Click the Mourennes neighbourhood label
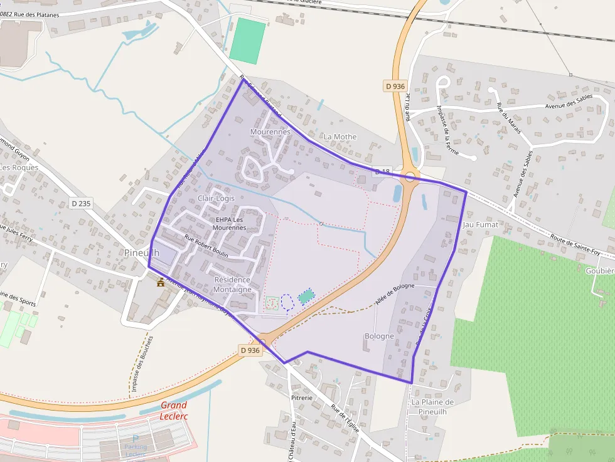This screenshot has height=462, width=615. coord(270,132)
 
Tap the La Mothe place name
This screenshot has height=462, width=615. coord(340,137)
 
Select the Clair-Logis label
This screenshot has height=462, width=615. coord(216,198)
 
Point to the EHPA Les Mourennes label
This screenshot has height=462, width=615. coord(229,224)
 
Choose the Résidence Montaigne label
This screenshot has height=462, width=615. coord(232,285)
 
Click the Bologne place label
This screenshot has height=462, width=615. coord(379,336)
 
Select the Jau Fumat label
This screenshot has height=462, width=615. coord(480,224)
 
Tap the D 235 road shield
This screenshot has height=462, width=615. coord(81,203)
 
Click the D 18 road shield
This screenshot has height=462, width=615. coord(383,171)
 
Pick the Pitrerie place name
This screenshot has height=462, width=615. coord(301,397)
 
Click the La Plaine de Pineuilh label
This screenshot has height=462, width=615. coord(432,407)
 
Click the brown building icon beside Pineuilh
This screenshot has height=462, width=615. coord(161,282)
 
